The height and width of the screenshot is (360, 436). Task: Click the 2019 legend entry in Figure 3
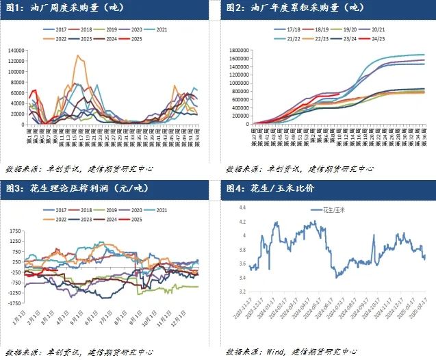[103, 210]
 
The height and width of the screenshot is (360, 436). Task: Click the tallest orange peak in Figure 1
[79, 56]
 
